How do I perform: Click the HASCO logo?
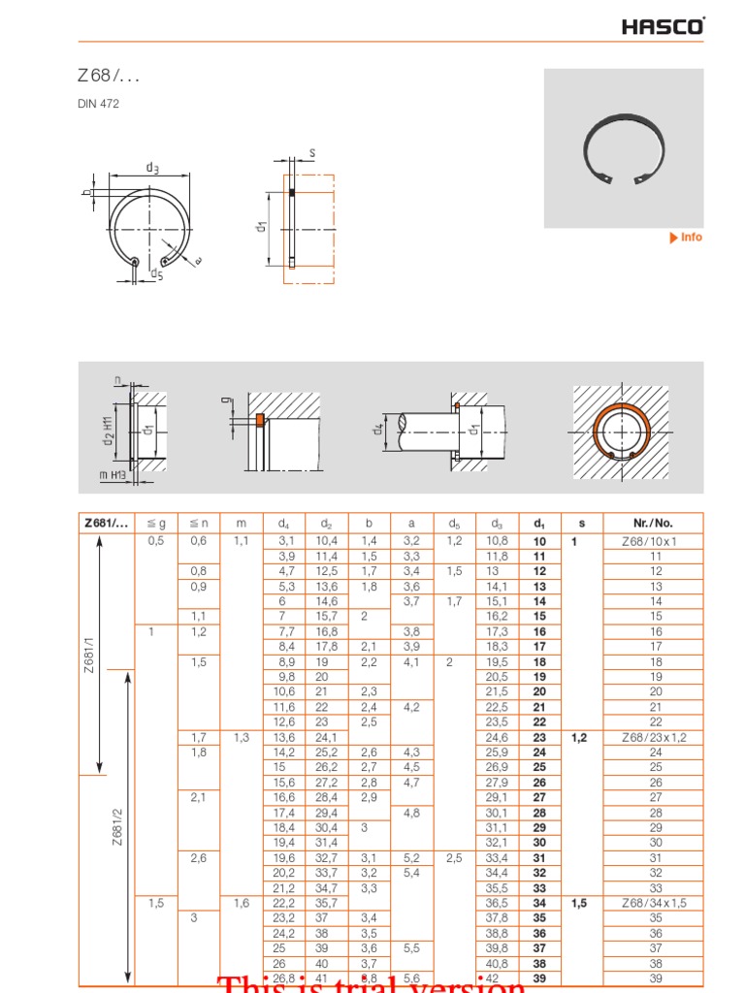[x=664, y=26]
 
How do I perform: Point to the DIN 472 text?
[x=98, y=104]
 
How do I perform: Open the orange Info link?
[x=687, y=238]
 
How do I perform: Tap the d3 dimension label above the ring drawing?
[x=152, y=168]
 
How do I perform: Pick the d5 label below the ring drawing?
[x=156, y=274]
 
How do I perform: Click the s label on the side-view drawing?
[x=312, y=153]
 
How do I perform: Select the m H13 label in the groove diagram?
[x=113, y=474]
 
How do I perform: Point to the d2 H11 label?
[x=109, y=429]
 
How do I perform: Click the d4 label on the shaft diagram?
[x=379, y=428]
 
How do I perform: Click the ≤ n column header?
[x=198, y=524]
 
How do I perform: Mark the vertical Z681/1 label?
[x=88, y=657]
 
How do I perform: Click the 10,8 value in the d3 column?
[x=497, y=541]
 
